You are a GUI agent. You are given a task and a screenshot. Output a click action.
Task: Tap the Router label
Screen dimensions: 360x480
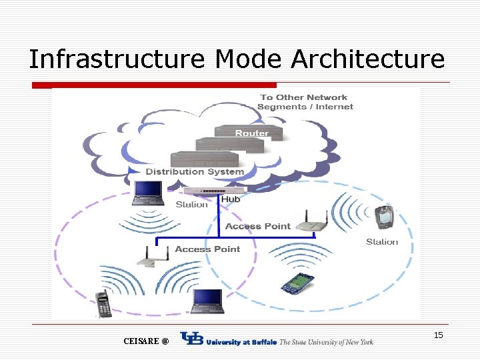coord(252,133)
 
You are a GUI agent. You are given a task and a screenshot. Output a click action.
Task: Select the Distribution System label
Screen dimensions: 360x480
coord(195,171)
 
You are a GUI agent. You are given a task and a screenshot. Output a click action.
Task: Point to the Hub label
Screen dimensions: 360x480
coord(231,199)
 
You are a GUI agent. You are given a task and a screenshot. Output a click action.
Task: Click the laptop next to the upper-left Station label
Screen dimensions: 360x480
coord(147,193)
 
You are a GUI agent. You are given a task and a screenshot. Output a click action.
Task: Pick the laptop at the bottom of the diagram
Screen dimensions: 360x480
coord(207,301)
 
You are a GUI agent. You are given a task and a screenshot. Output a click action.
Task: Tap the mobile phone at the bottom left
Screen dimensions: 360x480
coord(103,305)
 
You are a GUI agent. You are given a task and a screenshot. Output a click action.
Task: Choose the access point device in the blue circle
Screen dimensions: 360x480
coord(313,221)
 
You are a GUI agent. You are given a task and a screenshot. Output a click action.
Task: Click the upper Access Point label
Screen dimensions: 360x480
coord(257,227)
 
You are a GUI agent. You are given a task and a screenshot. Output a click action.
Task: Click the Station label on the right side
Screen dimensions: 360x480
coord(382,241)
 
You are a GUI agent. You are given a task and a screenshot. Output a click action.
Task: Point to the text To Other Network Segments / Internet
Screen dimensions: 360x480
coord(305,102)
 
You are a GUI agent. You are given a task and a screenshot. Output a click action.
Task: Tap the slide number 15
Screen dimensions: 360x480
coord(438,335)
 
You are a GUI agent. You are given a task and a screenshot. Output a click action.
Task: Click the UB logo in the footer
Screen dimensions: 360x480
coord(191,340)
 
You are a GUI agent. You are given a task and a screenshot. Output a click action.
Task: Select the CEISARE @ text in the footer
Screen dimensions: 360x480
coord(146,341)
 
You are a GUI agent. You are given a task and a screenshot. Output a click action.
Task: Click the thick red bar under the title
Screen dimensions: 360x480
coord(154,85)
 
